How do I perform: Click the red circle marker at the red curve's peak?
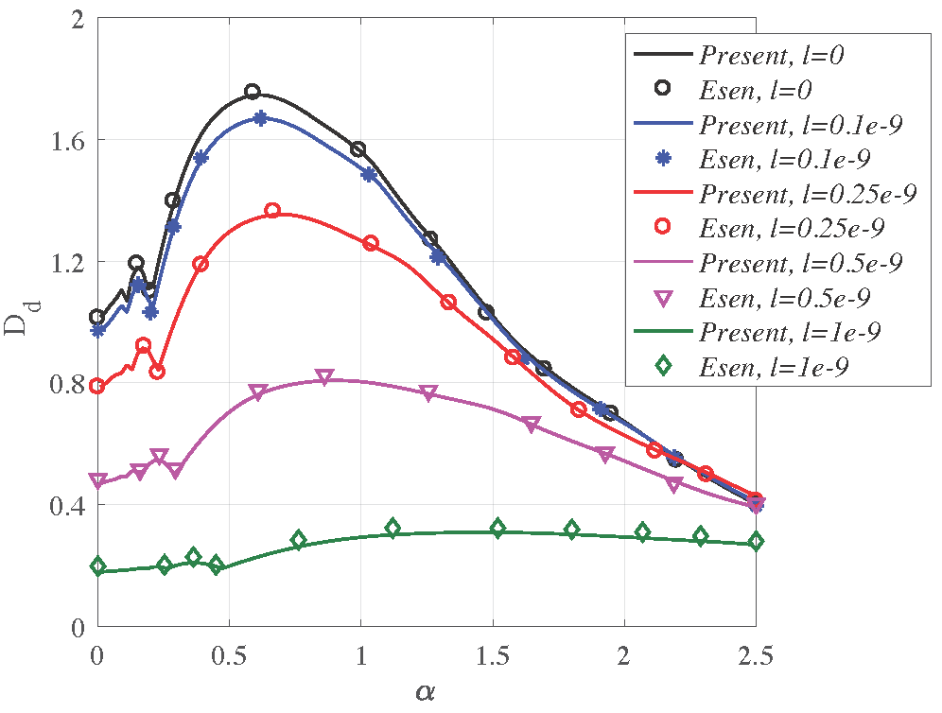click(272, 211)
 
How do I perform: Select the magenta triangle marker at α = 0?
click(97, 480)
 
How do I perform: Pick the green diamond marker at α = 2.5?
click(755, 542)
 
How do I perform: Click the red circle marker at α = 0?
click(96, 386)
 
